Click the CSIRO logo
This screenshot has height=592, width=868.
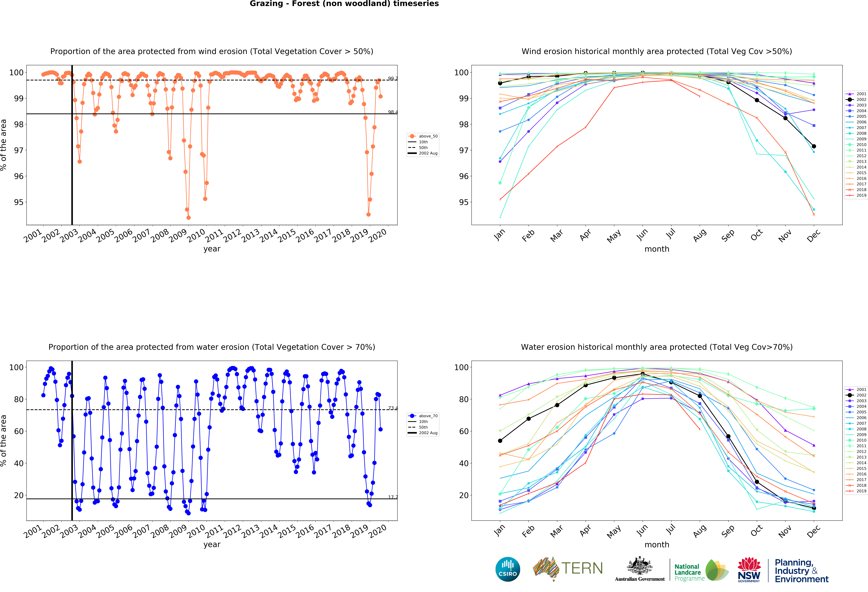click(x=508, y=569)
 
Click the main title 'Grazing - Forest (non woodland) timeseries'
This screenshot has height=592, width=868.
click(x=344, y=4)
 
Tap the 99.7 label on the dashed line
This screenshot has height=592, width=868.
click(x=393, y=79)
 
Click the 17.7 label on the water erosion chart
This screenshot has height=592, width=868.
click(x=393, y=497)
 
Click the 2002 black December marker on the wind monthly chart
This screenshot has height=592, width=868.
click(x=814, y=146)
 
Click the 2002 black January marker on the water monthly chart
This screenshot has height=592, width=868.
click(x=500, y=441)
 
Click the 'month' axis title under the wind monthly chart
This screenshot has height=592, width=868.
click(x=657, y=249)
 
